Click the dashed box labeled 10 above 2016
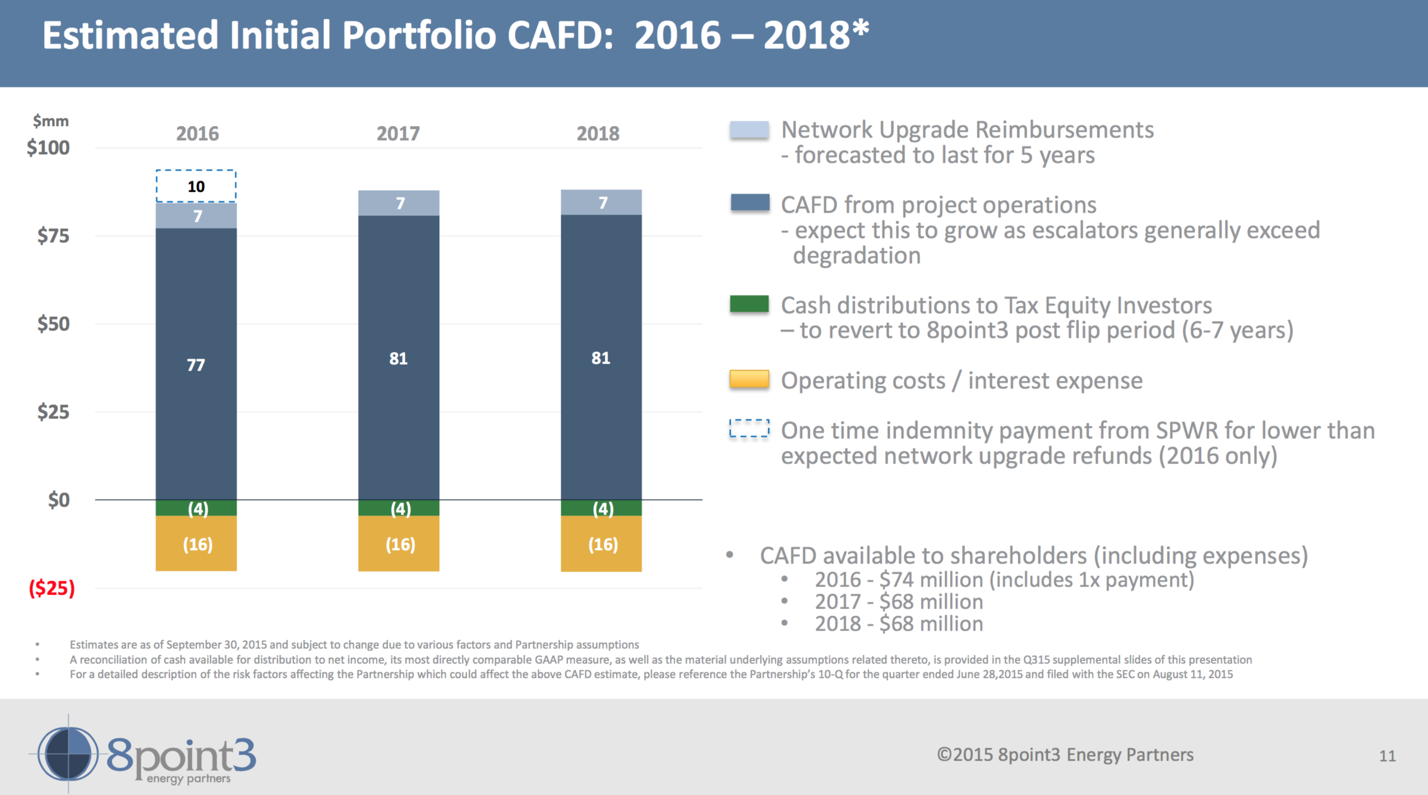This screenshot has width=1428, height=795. [196, 186]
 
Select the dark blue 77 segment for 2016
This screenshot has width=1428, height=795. [196, 364]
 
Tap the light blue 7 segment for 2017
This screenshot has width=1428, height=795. [398, 203]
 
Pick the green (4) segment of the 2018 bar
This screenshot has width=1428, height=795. [602, 508]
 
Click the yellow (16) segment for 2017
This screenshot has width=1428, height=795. [398, 544]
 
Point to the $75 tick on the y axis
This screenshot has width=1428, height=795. [53, 235]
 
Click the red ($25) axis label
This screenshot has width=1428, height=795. [52, 588]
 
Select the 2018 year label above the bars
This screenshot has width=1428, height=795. [597, 134]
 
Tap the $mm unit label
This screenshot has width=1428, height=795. [51, 121]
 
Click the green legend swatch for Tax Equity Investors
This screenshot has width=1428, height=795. [749, 304]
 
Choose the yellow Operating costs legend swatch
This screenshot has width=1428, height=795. [749, 379]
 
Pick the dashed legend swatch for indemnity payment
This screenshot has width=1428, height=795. [749, 429]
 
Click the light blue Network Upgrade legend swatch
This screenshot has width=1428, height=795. [749, 129]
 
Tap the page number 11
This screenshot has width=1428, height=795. [1387, 756]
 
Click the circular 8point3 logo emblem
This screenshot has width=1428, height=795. [68, 754]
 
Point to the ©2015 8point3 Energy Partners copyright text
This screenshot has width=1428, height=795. [1065, 755]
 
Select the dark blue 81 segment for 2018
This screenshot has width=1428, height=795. [602, 358]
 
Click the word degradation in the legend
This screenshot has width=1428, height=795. [856, 255]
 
